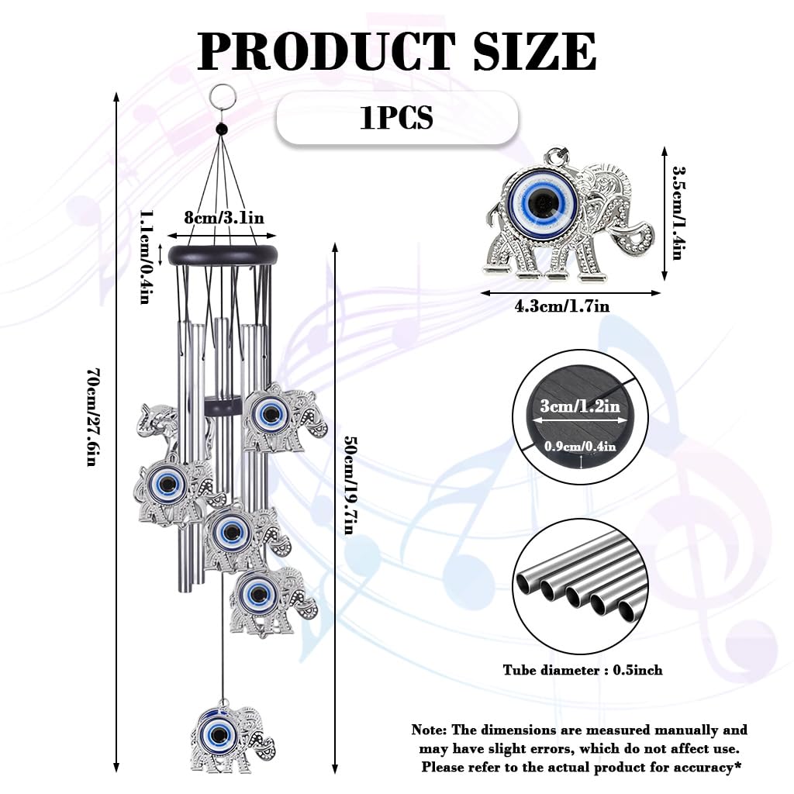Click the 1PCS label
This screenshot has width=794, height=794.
[x=396, y=118]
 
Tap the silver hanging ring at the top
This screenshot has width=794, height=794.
[x=222, y=95]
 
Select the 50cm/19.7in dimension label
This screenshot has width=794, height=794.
[x=350, y=485]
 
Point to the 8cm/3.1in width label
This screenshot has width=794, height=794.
[x=223, y=218]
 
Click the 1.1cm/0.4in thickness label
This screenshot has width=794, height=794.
[x=144, y=257]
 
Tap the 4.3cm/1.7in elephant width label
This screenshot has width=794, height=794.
[x=561, y=306]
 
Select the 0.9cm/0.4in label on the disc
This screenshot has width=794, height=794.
[x=580, y=446]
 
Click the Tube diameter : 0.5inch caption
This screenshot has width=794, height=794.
[x=582, y=670]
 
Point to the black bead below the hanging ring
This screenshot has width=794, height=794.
[x=222, y=129]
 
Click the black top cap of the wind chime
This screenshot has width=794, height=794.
[x=223, y=254]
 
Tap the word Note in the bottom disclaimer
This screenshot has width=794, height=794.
[x=428, y=730]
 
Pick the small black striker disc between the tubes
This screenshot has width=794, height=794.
[x=223, y=406]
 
